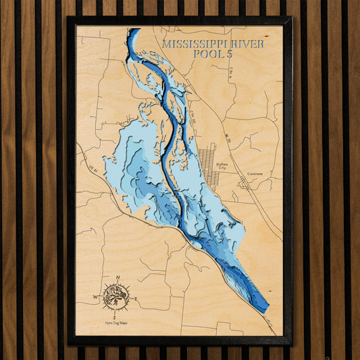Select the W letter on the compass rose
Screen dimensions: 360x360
coord(95,297)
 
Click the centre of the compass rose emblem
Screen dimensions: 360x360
coord(116,297)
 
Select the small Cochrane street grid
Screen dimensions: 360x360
coord(244,182)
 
